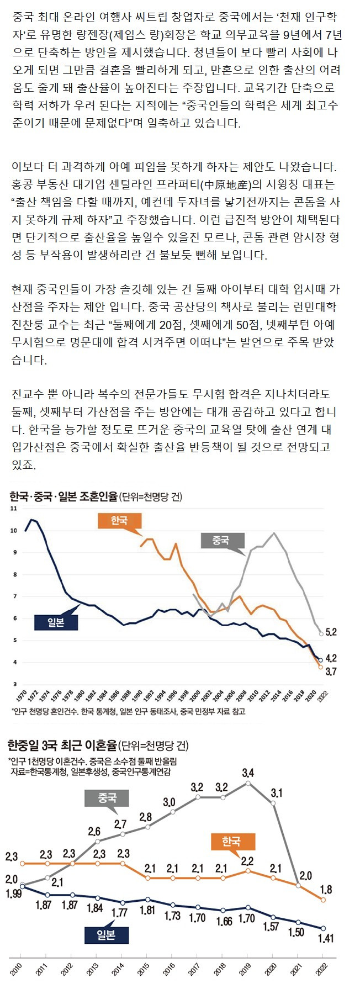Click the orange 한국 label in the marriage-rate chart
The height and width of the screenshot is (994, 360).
coord(119,520)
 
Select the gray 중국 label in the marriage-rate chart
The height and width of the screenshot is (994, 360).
coord(220,540)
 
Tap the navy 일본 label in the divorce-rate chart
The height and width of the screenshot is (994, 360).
coord(107,934)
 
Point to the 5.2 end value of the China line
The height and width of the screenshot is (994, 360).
coord(331,632)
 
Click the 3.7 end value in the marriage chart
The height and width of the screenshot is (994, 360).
coord(331,672)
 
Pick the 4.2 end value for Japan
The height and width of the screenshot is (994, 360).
coord(331,658)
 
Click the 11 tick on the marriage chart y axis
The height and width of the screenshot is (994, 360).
coord(14,508)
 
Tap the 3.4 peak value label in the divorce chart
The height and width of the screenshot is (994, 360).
coord(248,772)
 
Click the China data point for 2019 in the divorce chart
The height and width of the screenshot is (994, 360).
coord(248,783)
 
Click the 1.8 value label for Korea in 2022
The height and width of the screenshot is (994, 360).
coord(326,890)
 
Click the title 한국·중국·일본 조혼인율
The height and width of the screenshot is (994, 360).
coord(63,496)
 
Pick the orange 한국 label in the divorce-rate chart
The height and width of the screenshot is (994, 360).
coord(231,842)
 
